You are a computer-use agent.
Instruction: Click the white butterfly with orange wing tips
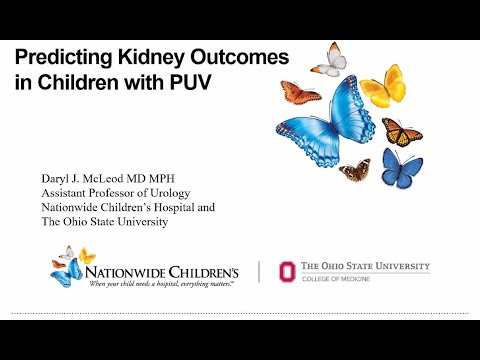pos(329,61)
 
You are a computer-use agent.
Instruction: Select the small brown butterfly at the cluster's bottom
pos(354,171)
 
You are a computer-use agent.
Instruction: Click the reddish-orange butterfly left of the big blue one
pos(299,93)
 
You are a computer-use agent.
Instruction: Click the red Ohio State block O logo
pos(288,272)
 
